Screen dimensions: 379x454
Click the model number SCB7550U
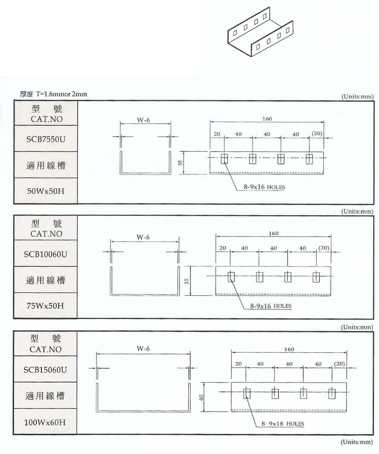pos(46,139)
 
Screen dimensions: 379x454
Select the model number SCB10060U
pos(45,254)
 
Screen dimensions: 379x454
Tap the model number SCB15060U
pos(45,370)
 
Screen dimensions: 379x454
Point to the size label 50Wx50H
pos(46,191)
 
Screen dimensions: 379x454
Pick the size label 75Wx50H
pos(45,306)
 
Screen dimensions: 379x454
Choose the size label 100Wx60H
pos(45,422)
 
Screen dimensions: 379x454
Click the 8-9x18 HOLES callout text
pos(283,424)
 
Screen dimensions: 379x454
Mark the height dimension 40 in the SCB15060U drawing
pos(201,398)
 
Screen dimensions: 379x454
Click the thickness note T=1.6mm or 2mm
pos(61,94)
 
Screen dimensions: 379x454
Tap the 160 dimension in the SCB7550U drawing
pos(267,119)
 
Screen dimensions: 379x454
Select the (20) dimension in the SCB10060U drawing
pos(323,248)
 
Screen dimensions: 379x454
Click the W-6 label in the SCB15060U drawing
pos(143,348)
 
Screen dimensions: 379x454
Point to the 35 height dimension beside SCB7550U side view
pos(180,163)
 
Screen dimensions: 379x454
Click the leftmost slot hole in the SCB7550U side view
pos(224,159)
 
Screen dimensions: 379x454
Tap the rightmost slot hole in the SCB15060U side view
pos(332,393)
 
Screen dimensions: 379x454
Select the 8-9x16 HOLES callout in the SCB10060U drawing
pos(271,306)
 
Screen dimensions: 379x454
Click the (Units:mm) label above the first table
pos(358,97)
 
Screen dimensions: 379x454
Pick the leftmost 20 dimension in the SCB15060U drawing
pos(238,364)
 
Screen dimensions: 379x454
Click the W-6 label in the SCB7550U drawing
pos(143,120)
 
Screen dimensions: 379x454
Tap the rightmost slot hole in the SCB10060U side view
pos(316,277)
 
